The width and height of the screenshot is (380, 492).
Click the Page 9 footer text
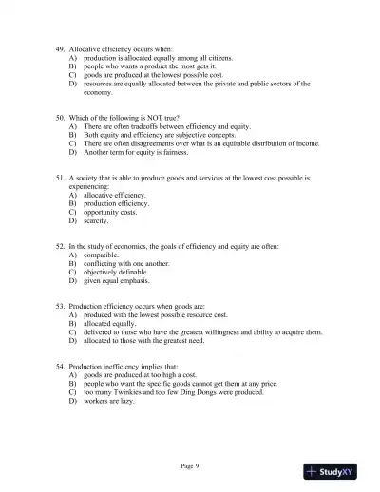(x=190, y=465)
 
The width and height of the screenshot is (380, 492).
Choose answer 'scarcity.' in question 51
(x=96, y=220)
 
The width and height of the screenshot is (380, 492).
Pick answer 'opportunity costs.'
(x=110, y=212)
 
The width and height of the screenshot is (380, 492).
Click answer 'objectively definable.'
(x=116, y=272)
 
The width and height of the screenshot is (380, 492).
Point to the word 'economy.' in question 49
(x=98, y=92)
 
